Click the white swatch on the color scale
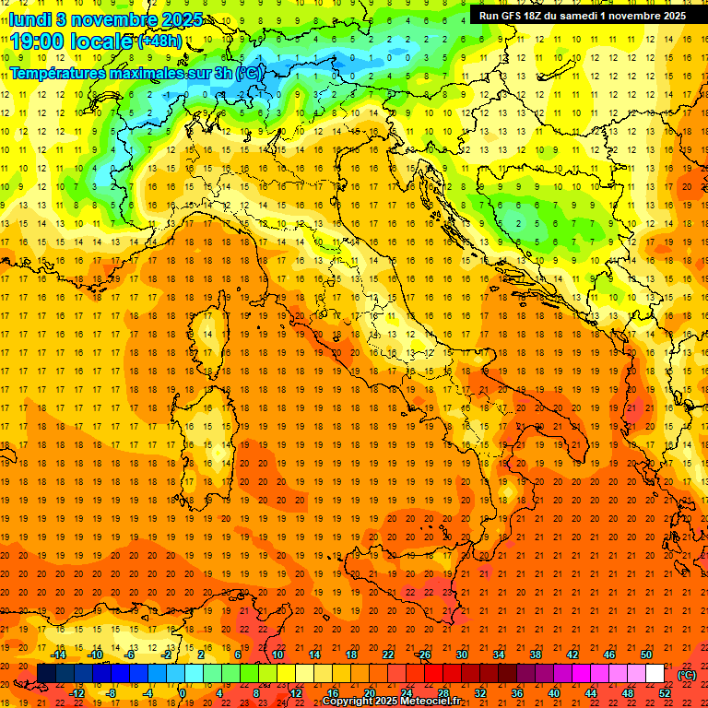click(x=655, y=674)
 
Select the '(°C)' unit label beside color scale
click(x=687, y=674)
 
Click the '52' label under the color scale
click(x=665, y=692)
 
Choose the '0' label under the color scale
click(x=183, y=692)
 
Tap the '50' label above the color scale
click(x=646, y=655)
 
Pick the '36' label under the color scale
click(x=517, y=692)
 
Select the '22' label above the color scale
click(x=387, y=655)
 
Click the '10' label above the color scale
click(x=277, y=655)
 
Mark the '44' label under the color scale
click(x=591, y=692)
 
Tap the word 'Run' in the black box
click(x=489, y=16)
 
